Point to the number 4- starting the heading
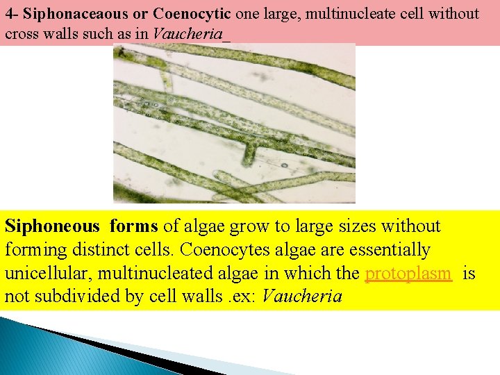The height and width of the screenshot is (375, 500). (x=12, y=14)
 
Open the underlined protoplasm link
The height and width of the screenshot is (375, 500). (x=408, y=274)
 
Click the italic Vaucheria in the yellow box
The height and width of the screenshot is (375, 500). (x=303, y=297)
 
